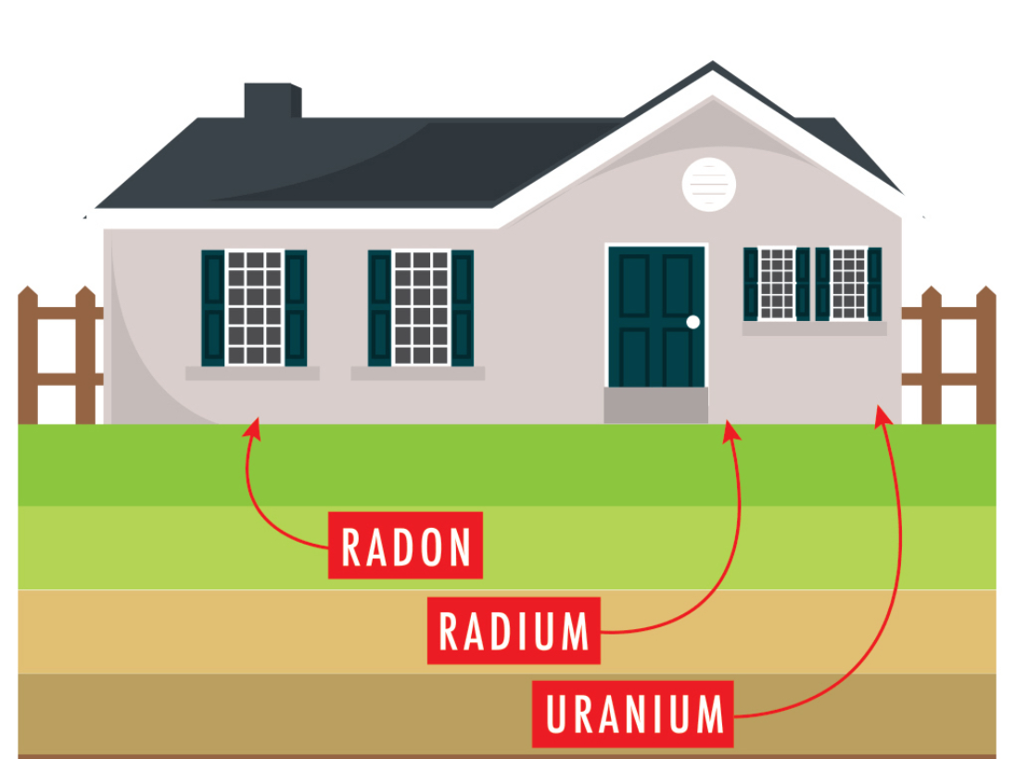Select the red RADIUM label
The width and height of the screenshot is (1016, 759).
(x=514, y=631)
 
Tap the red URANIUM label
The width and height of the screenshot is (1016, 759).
(x=632, y=714)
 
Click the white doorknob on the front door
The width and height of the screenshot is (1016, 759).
(x=692, y=322)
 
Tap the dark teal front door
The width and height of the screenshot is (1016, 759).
(x=656, y=315)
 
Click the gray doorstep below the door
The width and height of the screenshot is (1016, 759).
(x=655, y=405)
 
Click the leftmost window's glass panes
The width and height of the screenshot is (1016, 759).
(x=254, y=307)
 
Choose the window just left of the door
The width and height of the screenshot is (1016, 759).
(x=421, y=307)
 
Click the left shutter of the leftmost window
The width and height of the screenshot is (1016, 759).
(x=213, y=307)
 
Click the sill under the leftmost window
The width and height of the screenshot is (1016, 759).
(x=252, y=373)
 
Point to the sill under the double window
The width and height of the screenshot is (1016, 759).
(x=814, y=328)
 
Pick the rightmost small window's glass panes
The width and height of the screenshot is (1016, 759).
(x=848, y=283)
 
